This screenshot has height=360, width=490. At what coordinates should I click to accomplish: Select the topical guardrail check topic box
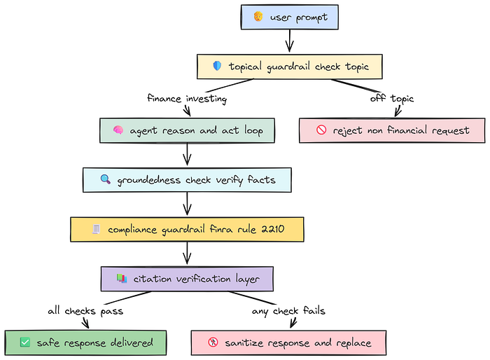(x=290, y=67)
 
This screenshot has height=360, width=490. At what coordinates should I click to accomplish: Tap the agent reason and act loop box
(x=186, y=131)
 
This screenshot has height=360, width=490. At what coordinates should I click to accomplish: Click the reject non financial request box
(x=392, y=130)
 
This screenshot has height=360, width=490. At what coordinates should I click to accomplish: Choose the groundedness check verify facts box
(x=186, y=180)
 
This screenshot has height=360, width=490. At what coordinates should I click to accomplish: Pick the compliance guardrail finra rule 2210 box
(x=187, y=229)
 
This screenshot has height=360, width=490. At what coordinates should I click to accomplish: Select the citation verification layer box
(x=187, y=279)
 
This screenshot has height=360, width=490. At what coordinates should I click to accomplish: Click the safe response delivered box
(x=86, y=342)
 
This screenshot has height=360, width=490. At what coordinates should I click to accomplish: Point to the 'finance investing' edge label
(x=187, y=99)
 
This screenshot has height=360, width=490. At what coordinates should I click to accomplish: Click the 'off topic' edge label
(x=392, y=99)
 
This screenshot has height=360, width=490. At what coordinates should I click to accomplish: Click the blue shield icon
(x=217, y=67)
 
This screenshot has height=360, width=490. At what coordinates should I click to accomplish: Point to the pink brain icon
(x=118, y=131)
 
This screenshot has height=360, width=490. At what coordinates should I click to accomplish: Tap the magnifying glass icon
(x=105, y=180)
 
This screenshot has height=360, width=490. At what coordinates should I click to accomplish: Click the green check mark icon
(x=25, y=342)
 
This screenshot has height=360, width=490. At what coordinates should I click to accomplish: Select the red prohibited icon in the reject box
(x=321, y=130)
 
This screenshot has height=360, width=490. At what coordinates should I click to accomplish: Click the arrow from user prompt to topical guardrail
(x=290, y=42)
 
